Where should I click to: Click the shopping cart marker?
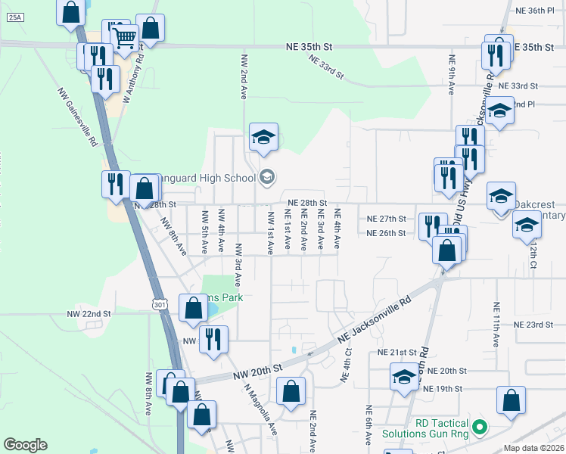[124, 36]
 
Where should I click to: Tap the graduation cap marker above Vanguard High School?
[263, 137]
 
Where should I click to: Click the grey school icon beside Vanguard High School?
[266, 178]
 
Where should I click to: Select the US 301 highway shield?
[158, 304]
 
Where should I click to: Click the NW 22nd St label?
[89, 313]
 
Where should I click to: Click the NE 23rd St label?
[534, 324]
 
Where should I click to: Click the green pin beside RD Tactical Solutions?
[477, 429]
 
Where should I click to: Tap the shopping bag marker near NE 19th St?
[512, 401]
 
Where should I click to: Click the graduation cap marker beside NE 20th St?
[404, 376]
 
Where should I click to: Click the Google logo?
[24, 445]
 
